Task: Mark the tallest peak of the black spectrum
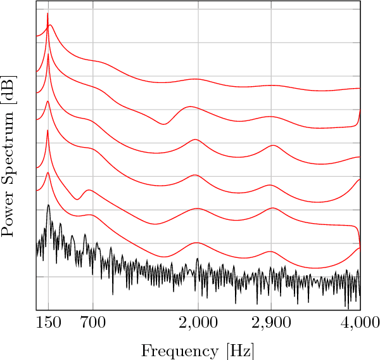pos(48,205)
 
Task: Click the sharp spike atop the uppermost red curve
pos(47,14)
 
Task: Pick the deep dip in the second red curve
pos(163,124)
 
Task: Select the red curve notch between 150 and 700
pos(77,199)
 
